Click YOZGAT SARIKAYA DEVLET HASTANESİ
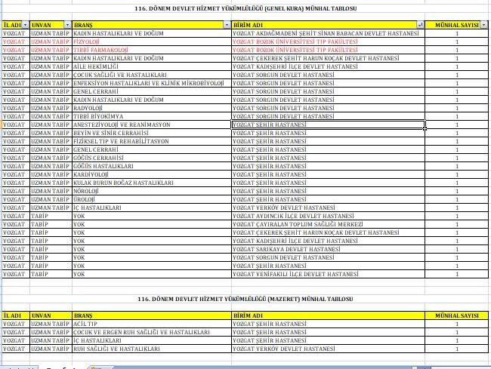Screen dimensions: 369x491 tap(287, 249)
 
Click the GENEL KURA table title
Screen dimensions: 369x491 tap(246, 8)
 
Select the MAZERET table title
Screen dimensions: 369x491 tap(246, 299)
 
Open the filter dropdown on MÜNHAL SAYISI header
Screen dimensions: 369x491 tap(484, 25)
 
